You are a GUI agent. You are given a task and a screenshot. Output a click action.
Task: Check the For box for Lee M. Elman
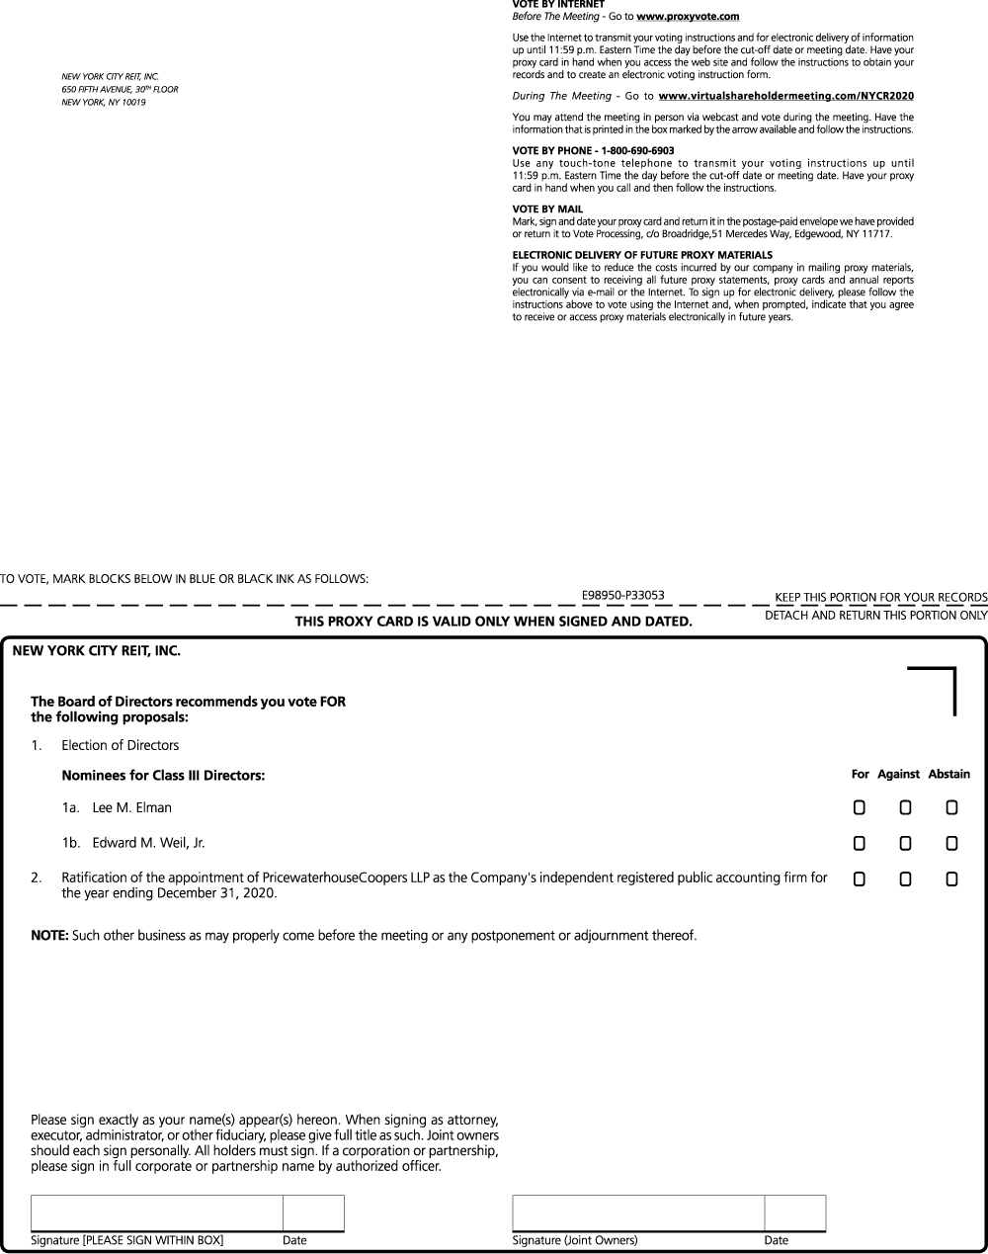(860, 808)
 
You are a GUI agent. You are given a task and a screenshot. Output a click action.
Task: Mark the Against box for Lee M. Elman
(905, 808)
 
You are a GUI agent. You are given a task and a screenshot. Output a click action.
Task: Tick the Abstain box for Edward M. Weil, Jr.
(951, 844)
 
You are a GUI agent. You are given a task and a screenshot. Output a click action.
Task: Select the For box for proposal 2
(860, 878)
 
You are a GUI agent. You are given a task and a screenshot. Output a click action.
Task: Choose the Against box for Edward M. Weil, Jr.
(905, 844)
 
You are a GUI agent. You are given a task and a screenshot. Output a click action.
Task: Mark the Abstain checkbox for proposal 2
(951, 878)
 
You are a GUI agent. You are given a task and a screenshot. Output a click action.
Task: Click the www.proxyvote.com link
(688, 17)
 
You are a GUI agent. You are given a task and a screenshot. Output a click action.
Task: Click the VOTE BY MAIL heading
(547, 209)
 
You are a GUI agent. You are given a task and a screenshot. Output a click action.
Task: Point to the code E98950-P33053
(623, 595)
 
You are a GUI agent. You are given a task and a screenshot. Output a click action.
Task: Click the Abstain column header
(948, 775)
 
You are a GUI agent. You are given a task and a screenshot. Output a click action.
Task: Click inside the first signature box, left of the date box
(157, 1212)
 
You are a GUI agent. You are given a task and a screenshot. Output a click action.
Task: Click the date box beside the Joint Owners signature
(794, 1212)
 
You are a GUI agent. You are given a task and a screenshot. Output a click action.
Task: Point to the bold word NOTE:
(49, 935)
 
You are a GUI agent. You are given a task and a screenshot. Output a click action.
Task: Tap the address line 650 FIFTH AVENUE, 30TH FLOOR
(120, 89)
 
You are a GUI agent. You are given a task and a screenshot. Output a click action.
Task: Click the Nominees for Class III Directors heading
(163, 776)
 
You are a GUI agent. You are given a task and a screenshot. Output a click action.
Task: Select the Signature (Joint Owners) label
(574, 1240)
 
